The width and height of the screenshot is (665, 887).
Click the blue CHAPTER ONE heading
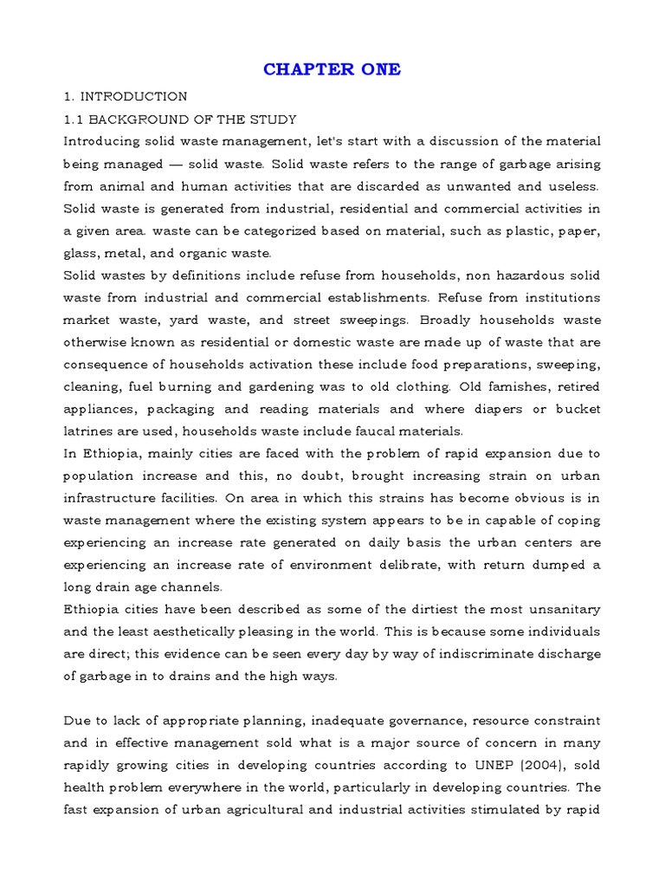coord(332,69)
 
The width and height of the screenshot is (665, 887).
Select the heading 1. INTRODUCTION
coord(125,96)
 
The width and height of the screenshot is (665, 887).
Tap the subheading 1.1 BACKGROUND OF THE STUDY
coord(180,119)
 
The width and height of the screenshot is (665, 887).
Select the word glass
coord(81,254)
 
